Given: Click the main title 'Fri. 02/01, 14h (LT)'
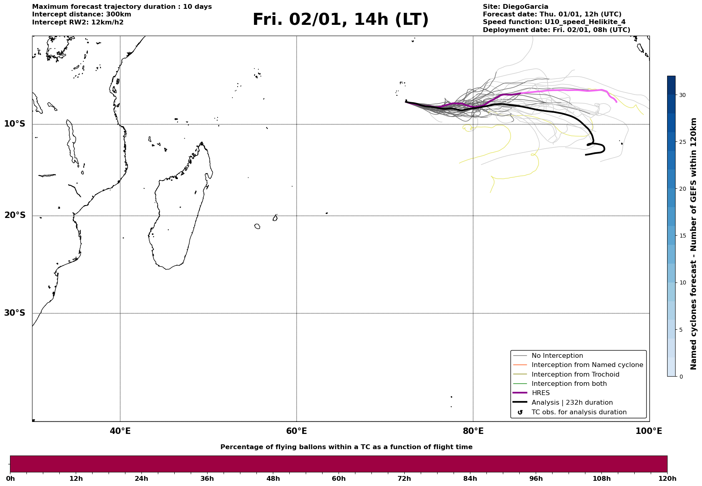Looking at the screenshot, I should coord(340,20).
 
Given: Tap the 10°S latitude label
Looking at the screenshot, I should coord(15,124).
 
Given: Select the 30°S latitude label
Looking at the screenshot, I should coord(15,313).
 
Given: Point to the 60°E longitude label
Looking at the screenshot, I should coord(297,431).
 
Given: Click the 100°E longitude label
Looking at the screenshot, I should coord(649,431).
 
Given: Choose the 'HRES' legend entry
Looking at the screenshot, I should coord(541,393).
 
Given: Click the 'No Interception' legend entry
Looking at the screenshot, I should coord(557,356).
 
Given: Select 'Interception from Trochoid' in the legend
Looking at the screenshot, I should coord(575,375).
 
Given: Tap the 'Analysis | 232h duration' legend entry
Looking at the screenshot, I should coord(572,403).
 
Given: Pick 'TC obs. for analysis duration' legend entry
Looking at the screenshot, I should coord(579,412).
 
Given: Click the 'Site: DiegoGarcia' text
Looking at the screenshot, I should coord(515,7).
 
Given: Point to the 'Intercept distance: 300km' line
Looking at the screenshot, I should coord(82,14).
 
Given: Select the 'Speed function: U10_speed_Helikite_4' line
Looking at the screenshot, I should coord(554,22).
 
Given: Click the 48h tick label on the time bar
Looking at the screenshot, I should coord(273,479).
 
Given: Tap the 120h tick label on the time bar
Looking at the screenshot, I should coord(667,479).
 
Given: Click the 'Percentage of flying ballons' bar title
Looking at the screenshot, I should coord(346,447).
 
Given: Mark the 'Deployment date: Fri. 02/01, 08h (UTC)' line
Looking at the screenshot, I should coord(556,30).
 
